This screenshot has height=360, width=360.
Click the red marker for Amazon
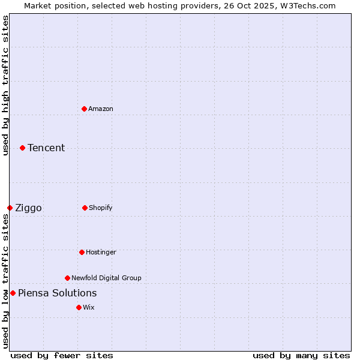point(84,109)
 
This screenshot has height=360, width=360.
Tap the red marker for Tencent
point(22,148)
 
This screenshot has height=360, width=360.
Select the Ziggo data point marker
point(10,208)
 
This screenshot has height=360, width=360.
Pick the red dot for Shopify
point(85,208)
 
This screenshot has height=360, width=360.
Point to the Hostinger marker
point(82,252)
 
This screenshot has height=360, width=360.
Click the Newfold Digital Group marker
point(67,278)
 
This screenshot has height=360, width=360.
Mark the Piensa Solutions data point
point(13,293)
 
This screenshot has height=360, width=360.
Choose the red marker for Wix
point(79,307)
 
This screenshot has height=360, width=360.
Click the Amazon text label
point(101,109)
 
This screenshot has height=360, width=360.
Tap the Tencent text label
point(46,148)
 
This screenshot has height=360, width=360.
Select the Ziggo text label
point(28,208)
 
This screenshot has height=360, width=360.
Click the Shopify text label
point(101,208)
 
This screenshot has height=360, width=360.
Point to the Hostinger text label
point(101,252)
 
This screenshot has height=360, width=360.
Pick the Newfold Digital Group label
point(106,278)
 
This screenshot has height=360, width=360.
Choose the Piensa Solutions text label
point(57,293)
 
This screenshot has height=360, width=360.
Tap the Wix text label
point(89,307)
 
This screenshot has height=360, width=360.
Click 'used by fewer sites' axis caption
point(62,355)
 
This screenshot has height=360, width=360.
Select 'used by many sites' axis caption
point(301,355)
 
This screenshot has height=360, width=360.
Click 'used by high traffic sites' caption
point(5,85)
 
